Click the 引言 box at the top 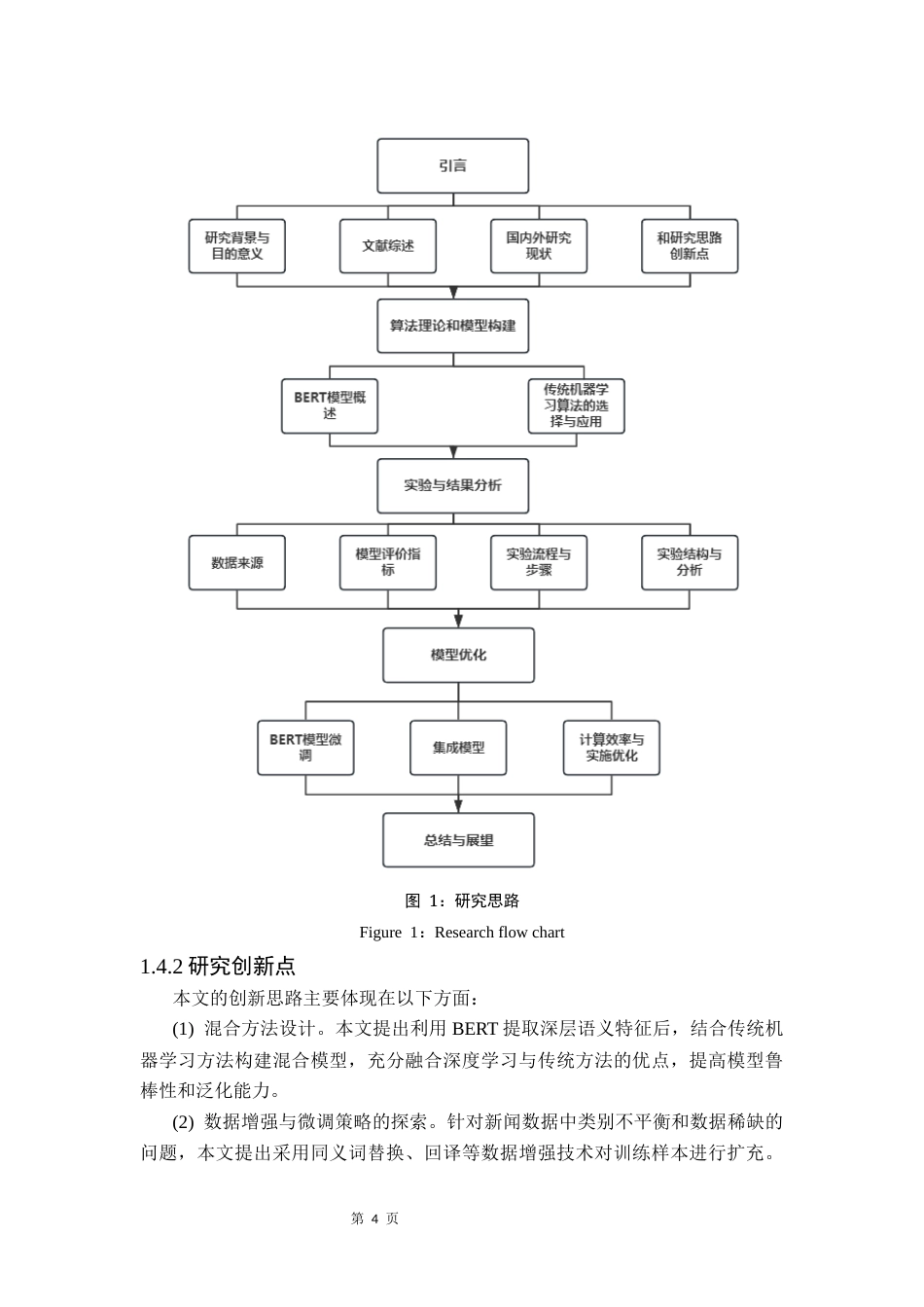452,166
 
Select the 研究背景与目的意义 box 237,246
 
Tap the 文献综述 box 388,246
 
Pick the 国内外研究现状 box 539,246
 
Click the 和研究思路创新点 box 690,246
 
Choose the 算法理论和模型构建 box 452,326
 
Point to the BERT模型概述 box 330,406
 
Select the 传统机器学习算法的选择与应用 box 576,406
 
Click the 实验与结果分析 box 452,485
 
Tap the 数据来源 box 237,563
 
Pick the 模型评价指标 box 388,563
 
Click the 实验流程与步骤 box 539,563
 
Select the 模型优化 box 458,655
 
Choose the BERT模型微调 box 305,748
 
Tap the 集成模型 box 458,748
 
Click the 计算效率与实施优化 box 612,748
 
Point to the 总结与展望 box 458,840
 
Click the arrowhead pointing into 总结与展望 458,806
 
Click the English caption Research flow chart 461,933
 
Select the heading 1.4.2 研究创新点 218,967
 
